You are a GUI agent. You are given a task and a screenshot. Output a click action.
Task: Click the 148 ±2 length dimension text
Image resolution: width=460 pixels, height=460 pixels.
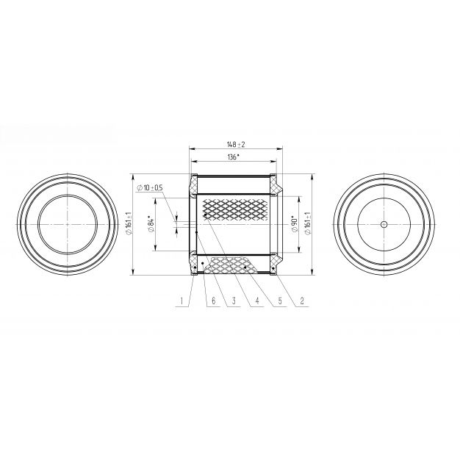tap(236, 144)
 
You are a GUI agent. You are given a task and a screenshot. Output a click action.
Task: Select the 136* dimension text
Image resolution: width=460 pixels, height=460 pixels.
tap(233, 157)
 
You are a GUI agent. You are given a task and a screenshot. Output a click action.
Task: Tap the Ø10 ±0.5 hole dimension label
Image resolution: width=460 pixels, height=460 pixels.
tap(150, 188)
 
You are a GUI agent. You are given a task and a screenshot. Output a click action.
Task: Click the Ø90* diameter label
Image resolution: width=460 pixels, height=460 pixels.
tap(295, 225)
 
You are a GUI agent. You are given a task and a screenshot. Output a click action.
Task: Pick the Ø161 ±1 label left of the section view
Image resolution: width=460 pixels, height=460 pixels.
tap(129, 223)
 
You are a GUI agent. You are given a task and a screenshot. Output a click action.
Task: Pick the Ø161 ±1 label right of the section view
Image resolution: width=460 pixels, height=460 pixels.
tap(307, 223)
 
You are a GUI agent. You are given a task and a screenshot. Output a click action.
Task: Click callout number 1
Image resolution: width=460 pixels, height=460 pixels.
tap(182, 301)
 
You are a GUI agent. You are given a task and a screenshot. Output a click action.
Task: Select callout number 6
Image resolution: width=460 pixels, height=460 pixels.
tap(214, 301)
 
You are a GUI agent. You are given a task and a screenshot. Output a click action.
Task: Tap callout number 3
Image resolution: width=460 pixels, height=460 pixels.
tap(234, 301)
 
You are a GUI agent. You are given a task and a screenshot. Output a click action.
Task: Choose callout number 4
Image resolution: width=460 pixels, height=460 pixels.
tap(257, 301)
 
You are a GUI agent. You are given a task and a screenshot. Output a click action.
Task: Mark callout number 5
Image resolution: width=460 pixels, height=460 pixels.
tap(279, 301)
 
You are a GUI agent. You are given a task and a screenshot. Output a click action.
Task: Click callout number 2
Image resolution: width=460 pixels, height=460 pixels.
tap(302, 301)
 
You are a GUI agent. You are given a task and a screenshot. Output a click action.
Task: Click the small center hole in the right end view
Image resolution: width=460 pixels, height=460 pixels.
tap(384, 225)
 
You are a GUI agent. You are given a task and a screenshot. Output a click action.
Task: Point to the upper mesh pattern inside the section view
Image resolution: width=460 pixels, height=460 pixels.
tap(235, 210)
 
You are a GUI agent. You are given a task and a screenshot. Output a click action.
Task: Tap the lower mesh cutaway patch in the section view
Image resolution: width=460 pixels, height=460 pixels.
tap(231, 265)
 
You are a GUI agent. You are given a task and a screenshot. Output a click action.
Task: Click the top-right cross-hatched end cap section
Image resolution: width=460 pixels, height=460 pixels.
tap(275, 185)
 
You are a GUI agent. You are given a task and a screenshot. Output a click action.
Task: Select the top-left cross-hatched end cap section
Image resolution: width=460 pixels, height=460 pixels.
tap(193, 185)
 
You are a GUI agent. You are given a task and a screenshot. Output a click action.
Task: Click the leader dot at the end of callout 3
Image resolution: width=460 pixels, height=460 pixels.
tap(196, 232)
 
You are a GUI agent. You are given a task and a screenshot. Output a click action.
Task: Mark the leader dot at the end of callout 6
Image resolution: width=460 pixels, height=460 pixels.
tap(203, 264)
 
